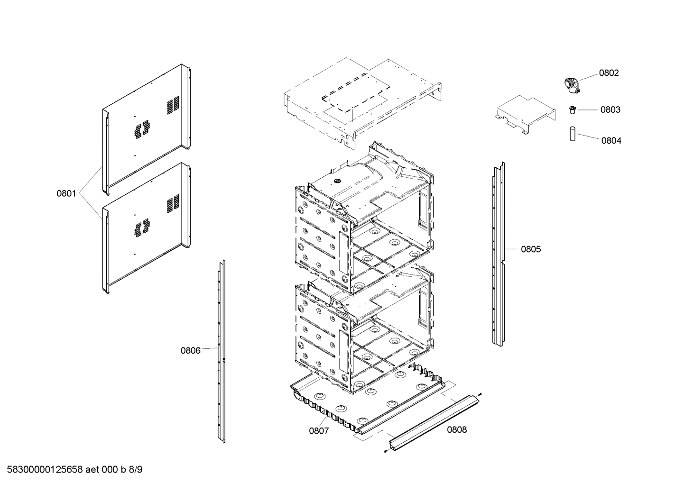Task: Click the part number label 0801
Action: [x=66, y=193]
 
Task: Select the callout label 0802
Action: [x=609, y=73]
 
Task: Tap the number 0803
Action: [x=610, y=110]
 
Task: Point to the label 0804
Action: [x=611, y=141]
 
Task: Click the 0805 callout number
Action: [x=530, y=249]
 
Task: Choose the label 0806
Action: [x=190, y=351]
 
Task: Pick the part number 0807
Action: [x=319, y=431]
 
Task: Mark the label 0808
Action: [x=457, y=430]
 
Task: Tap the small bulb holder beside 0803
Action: [x=572, y=110]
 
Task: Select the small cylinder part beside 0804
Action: [x=572, y=134]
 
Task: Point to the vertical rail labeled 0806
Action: [x=221, y=351]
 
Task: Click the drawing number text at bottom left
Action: [x=72, y=470]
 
